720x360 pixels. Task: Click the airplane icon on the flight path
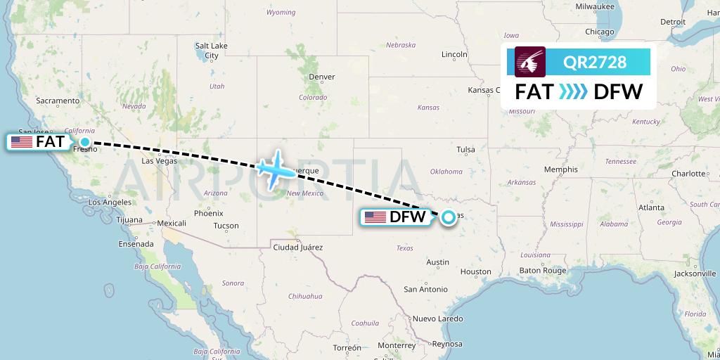tap(275, 169)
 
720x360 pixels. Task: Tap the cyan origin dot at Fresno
tap(85, 142)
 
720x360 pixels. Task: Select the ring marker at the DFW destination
tap(448, 217)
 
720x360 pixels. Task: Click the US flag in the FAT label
tap(22, 142)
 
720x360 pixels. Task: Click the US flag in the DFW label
tap(375, 217)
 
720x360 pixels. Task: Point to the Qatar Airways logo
tap(531, 62)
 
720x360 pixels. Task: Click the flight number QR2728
tap(595, 62)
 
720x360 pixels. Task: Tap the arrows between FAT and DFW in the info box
tap(572, 92)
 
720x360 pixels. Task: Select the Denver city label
tap(322, 77)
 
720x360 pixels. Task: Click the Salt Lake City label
tap(211, 51)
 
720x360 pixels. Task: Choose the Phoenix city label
tap(208, 213)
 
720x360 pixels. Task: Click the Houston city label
tap(476, 271)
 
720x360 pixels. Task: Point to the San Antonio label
tap(425, 289)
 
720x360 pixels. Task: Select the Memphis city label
tap(560, 169)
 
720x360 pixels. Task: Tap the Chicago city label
tap(600, 32)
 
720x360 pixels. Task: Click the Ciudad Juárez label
tap(297, 247)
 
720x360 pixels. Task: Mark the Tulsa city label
tap(465, 149)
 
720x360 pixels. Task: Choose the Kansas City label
tap(491, 90)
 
